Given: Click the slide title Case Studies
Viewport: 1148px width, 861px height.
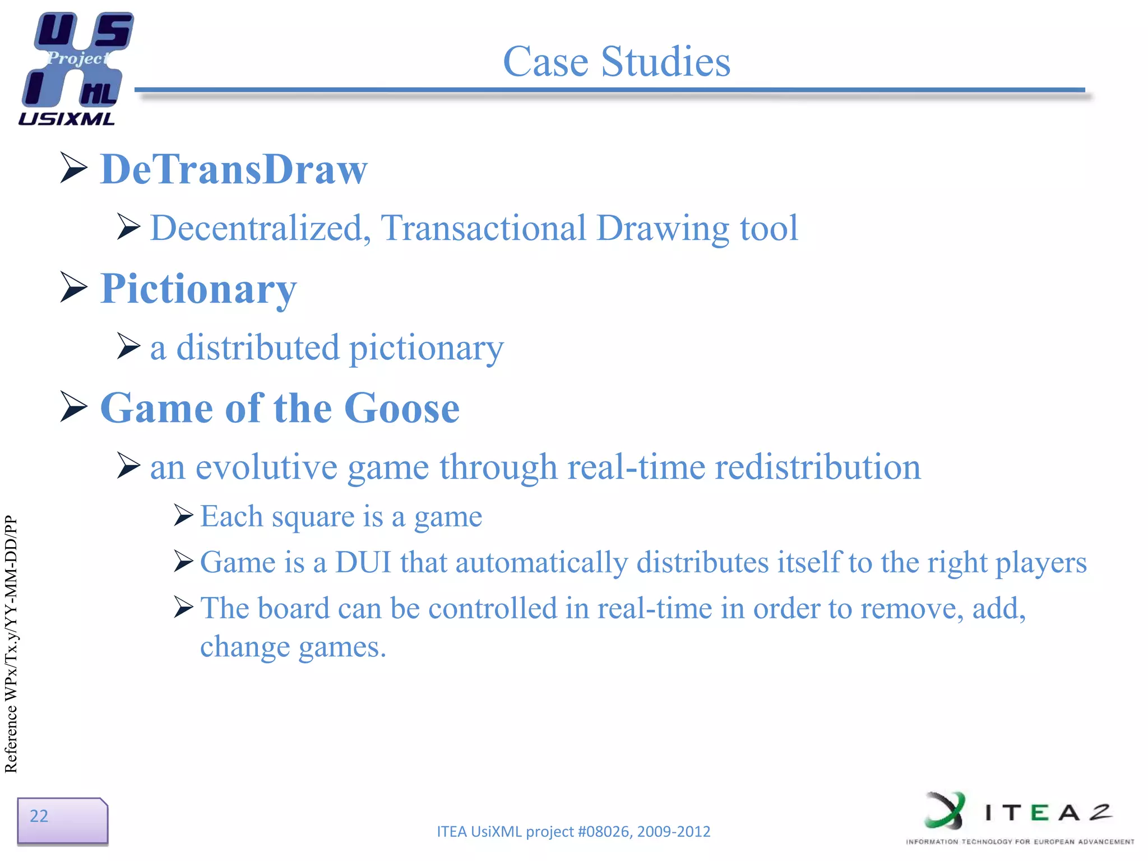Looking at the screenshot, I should pos(617,61).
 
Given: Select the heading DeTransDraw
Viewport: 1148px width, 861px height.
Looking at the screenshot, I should pos(234,169).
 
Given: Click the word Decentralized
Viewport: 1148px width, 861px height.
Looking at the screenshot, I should pos(260,229).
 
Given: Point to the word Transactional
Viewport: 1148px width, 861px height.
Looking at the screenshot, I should pos(483,229).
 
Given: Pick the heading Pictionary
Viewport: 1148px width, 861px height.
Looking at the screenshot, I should pos(198,289).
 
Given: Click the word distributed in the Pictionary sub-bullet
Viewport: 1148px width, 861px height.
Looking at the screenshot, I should pos(258,348).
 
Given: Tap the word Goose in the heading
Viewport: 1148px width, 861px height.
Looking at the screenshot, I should pos(402,408).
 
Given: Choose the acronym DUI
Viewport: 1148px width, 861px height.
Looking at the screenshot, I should pos(363,562).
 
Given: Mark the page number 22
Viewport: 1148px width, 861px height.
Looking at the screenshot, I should pos(39,816).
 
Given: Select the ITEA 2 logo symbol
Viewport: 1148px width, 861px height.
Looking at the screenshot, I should pos(945,811).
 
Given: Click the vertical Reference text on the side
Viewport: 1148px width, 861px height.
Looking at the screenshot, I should pos(11,645).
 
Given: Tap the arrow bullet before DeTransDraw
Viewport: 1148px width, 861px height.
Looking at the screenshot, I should pos(73,168).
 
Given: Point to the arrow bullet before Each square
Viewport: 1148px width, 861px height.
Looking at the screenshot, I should pos(183,515).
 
